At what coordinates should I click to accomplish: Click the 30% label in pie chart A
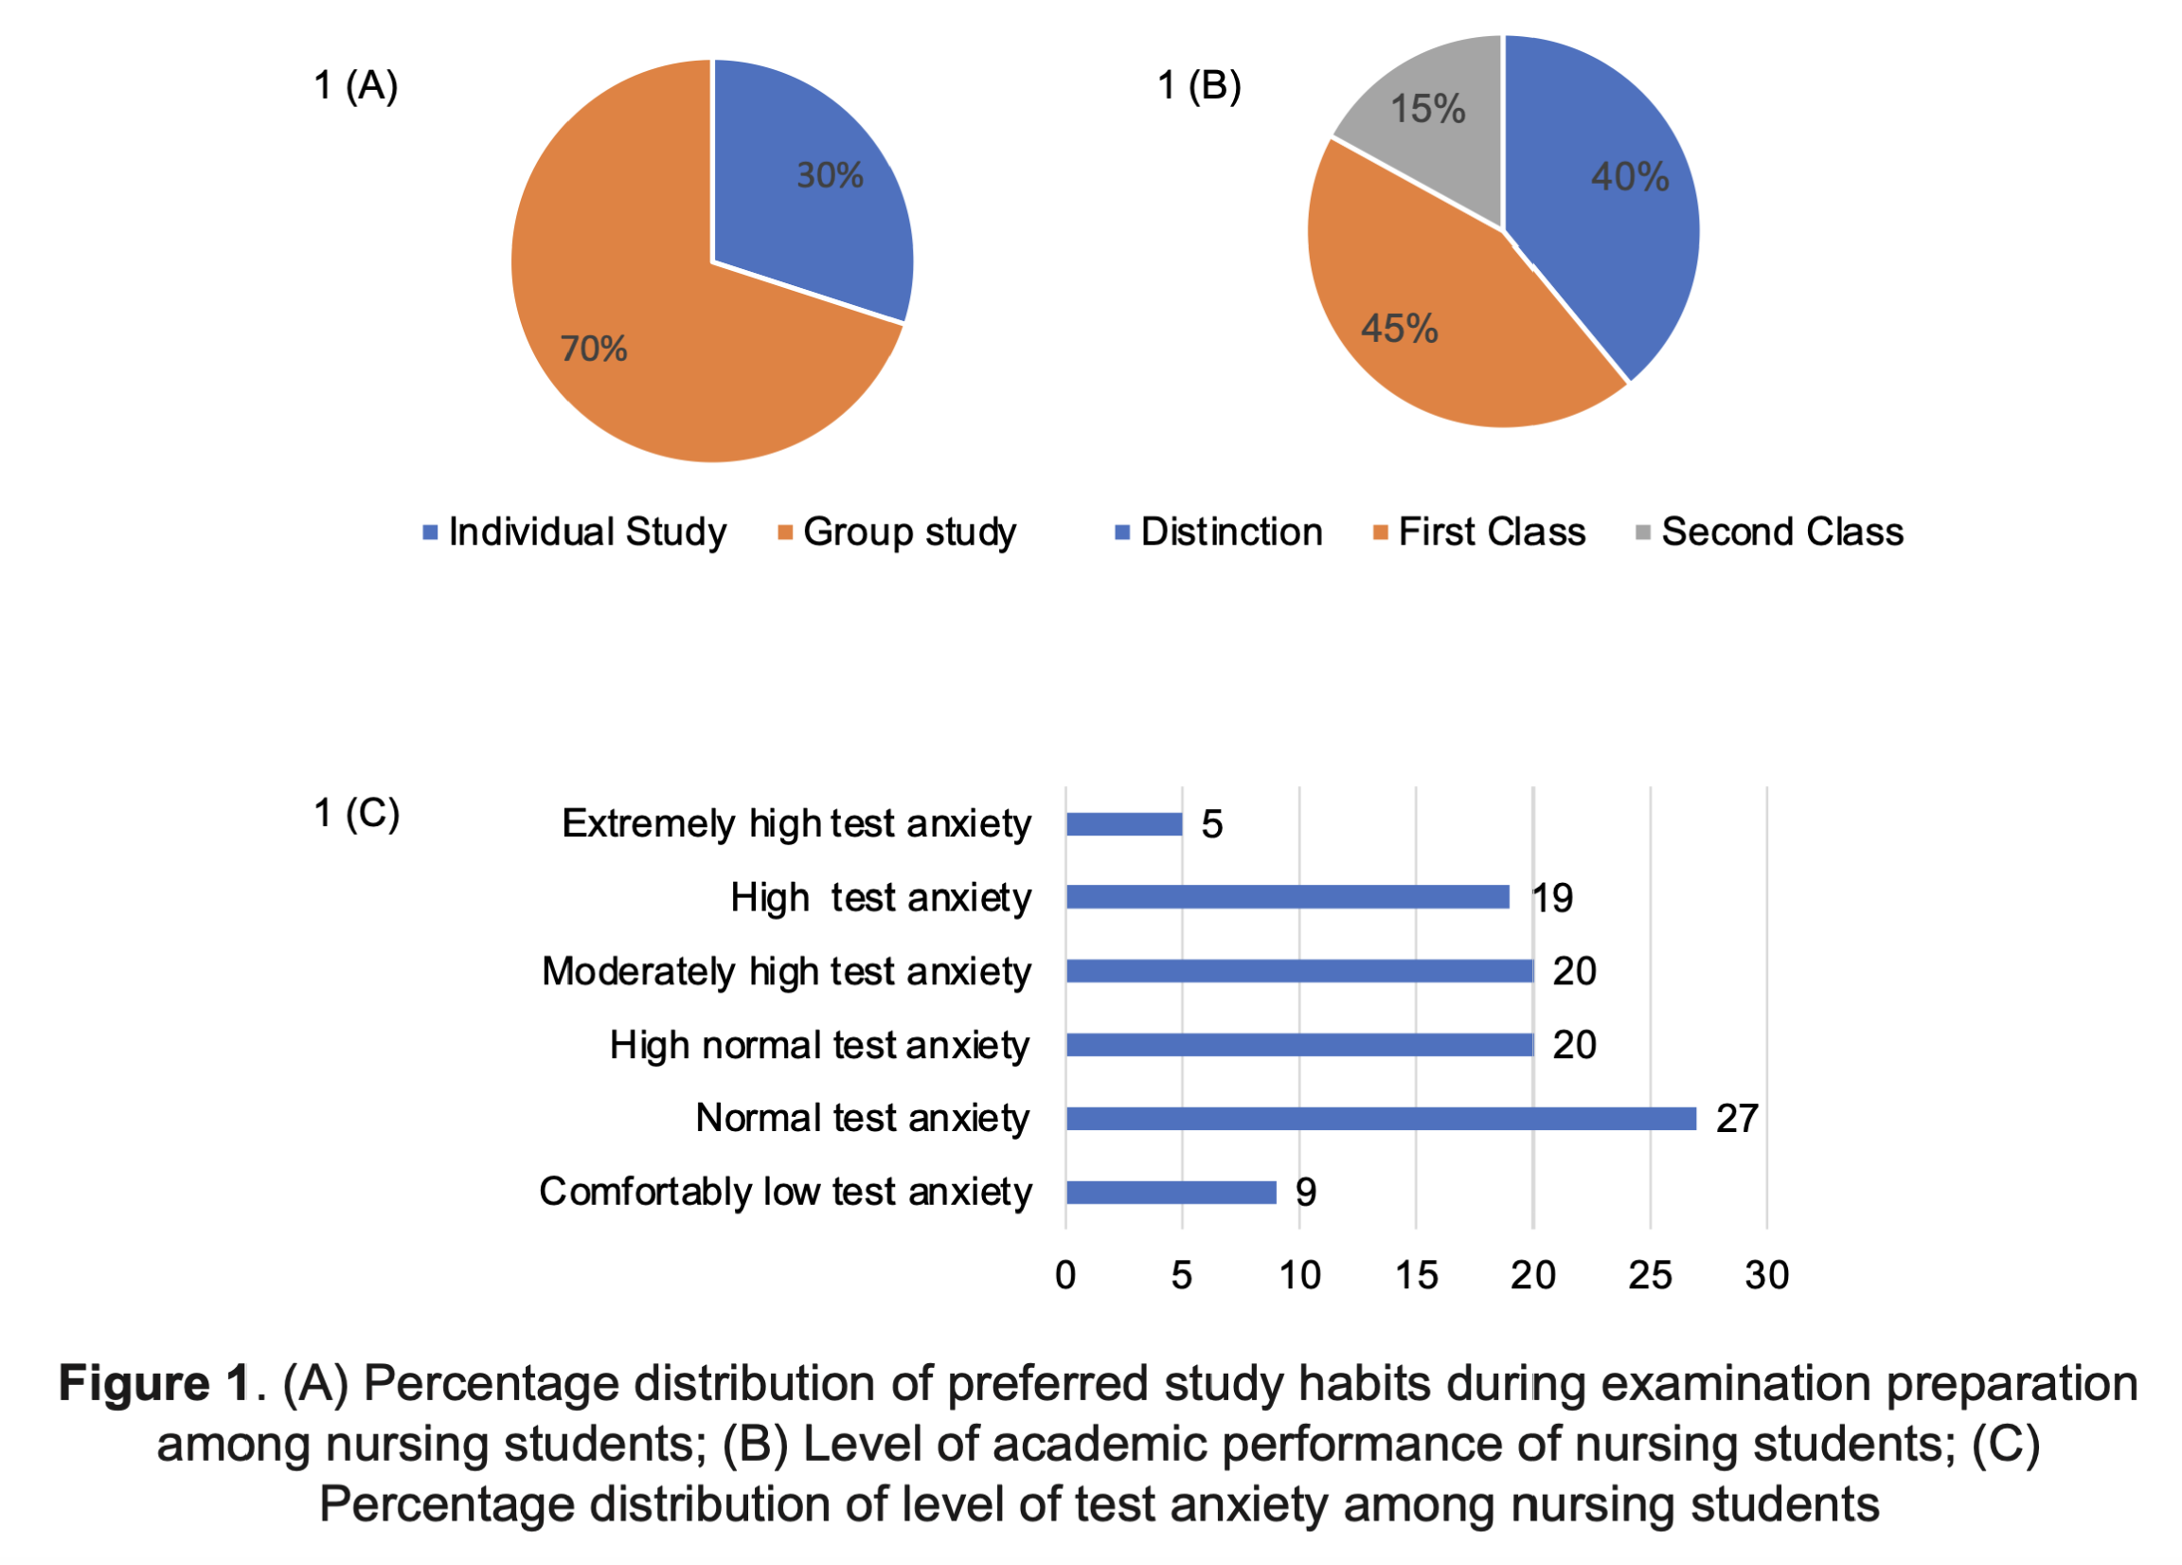click(830, 175)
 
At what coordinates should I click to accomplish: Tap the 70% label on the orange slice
click(594, 349)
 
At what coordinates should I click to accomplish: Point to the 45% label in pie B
click(1399, 329)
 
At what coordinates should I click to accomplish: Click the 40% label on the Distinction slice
click(1630, 177)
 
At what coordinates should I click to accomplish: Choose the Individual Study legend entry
click(575, 532)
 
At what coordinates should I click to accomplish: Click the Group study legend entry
click(898, 532)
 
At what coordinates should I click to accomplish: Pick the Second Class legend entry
click(1770, 532)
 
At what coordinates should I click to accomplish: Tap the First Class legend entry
click(1479, 532)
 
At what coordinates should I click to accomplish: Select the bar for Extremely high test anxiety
click(1124, 824)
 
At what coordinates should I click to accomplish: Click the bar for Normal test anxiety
click(1381, 1119)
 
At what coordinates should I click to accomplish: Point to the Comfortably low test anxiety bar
click(1171, 1193)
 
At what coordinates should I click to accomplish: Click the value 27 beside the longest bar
click(1738, 1119)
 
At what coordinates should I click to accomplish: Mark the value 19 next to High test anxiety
click(1552, 898)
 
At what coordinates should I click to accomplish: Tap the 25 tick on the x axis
click(1650, 1275)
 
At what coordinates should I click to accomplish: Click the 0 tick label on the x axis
click(1065, 1275)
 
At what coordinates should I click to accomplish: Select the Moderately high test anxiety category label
click(786, 972)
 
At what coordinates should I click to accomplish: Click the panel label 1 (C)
click(356, 815)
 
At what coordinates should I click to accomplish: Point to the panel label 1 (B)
click(1199, 85)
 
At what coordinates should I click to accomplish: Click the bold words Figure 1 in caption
click(155, 1384)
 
